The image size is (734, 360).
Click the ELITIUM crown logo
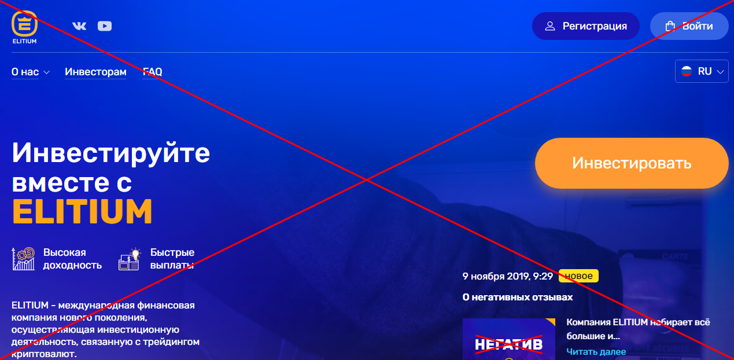(x=24, y=24)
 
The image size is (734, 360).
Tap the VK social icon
(x=79, y=26)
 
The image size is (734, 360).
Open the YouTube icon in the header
(x=105, y=26)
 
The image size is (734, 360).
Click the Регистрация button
(x=585, y=26)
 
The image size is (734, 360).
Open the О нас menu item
(x=31, y=72)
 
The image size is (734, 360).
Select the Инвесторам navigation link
(x=95, y=72)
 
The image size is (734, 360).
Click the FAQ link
(x=152, y=72)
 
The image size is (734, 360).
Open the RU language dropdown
(x=702, y=71)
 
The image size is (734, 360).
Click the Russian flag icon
(x=687, y=71)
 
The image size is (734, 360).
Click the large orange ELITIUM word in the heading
(x=82, y=211)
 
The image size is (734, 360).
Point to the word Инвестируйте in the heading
(x=110, y=153)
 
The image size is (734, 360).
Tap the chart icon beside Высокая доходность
(x=23, y=259)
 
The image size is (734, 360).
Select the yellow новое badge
(x=578, y=275)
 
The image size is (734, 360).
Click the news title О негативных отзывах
(x=518, y=297)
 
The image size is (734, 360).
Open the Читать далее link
(x=596, y=352)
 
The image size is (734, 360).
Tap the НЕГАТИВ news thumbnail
(x=509, y=339)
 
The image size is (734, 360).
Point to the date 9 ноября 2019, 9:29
(x=508, y=276)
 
